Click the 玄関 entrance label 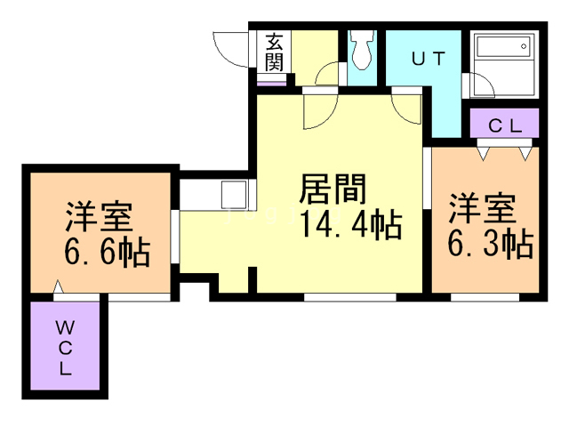(x=275, y=52)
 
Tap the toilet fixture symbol (x=362, y=52)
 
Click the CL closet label (x=504, y=125)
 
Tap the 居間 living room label (x=333, y=189)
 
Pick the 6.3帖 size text (x=490, y=242)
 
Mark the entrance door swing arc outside (x=229, y=44)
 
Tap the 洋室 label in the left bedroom (x=99, y=217)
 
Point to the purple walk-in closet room (x=67, y=347)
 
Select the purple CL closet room (x=504, y=125)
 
